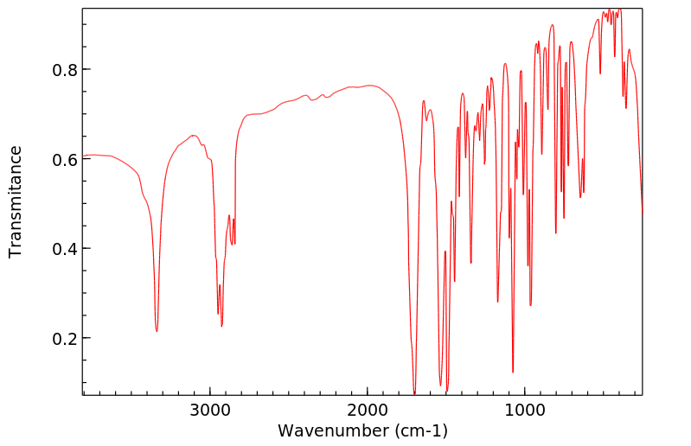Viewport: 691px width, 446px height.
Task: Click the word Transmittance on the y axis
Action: (16, 201)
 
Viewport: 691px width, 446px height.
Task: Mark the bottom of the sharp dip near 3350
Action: (157, 331)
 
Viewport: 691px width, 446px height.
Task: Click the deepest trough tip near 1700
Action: (414, 393)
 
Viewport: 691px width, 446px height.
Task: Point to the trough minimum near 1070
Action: (513, 373)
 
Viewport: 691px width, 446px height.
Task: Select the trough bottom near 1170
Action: (497, 302)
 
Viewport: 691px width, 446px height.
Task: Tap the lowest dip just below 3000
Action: (221, 326)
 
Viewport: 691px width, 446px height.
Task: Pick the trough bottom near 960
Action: (530, 305)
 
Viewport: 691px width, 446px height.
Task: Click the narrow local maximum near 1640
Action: (424, 101)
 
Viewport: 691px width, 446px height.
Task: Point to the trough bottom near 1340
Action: (470, 264)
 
